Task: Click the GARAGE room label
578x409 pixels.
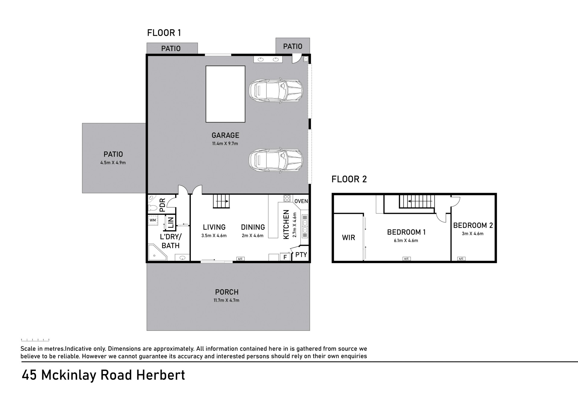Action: point(225,135)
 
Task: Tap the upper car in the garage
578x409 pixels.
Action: point(276,91)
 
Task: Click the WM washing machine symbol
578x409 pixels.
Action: point(153,220)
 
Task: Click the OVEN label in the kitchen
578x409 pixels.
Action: point(301,201)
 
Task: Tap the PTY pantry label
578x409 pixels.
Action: point(301,255)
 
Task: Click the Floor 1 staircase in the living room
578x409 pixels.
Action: point(222,201)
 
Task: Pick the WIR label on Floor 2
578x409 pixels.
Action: point(348,237)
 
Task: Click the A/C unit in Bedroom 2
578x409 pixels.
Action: point(461,259)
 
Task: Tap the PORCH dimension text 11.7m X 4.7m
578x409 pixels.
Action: point(226,300)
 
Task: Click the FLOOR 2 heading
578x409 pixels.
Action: point(349,179)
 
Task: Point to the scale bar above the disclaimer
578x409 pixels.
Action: point(35,340)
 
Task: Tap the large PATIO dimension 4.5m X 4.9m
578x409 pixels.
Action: point(113,163)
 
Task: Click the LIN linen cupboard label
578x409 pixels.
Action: point(171,222)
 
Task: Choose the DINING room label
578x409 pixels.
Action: point(253,227)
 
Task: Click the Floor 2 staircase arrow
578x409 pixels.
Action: point(421,201)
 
